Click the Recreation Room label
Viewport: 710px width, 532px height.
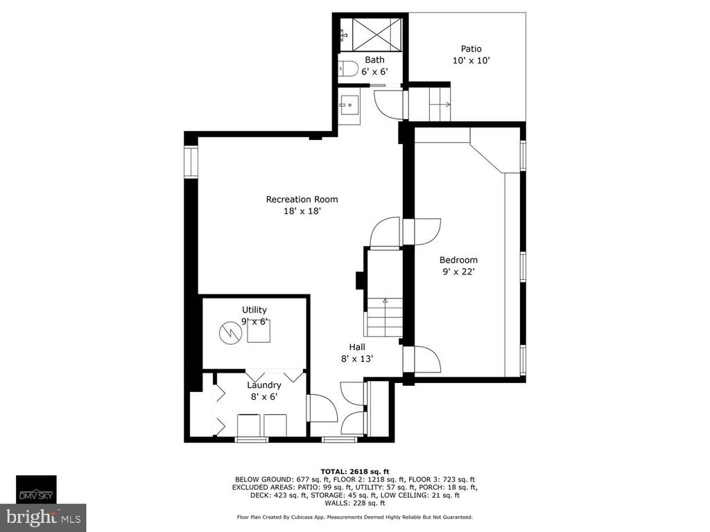coord(302,199)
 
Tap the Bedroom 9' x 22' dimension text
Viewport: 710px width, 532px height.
coord(458,272)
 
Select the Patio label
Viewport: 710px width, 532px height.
coord(471,49)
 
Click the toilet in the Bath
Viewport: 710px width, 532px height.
coord(348,69)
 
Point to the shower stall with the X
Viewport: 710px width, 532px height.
coord(376,35)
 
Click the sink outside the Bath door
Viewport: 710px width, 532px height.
coord(349,105)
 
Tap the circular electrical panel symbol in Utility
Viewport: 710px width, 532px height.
coord(230,334)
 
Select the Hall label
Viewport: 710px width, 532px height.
coord(357,347)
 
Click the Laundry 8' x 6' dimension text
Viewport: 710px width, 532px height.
coord(264,397)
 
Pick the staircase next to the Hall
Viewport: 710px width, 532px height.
coord(384,317)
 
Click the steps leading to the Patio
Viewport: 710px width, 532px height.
coord(430,105)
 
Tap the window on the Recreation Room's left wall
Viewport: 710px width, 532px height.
coord(191,161)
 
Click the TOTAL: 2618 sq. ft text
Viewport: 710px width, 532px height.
coord(355,471)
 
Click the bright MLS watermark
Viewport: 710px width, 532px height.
coord(43,517)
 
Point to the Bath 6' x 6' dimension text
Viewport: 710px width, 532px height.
coord(374,71)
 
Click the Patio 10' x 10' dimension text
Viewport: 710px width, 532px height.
coord(471,61)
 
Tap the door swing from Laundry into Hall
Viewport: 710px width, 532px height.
coord(323,409)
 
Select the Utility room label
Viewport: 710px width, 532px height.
coord(254,310)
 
